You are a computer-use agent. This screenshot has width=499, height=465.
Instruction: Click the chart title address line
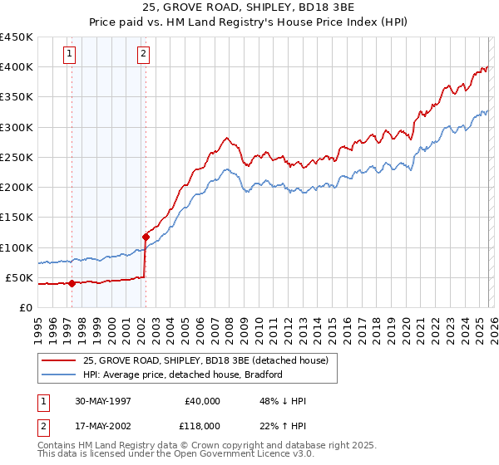249,8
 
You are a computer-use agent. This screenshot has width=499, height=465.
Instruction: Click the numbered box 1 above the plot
69,55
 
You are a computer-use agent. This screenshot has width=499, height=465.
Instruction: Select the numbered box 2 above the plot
143,55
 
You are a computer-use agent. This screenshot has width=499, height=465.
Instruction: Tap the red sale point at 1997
72,283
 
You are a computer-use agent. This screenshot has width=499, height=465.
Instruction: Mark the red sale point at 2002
146,237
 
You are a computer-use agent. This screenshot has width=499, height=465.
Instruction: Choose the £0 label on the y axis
26,307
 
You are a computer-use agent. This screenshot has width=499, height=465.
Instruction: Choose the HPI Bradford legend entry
182,374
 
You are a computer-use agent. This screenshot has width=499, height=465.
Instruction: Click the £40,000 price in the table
202,401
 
